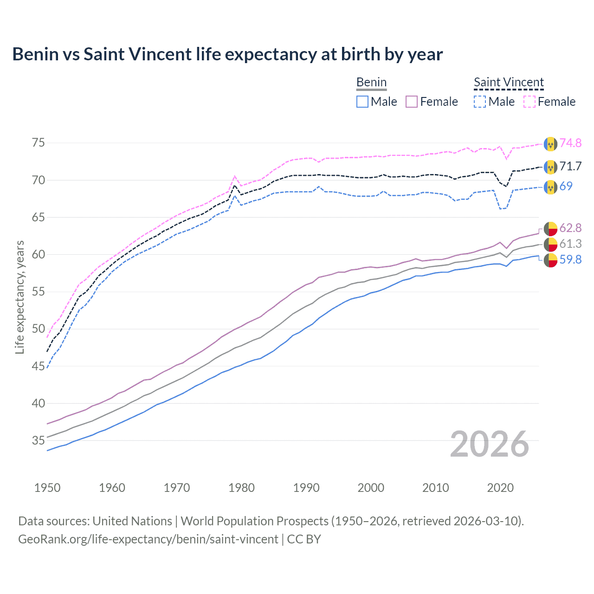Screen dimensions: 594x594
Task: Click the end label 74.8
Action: (570, 143)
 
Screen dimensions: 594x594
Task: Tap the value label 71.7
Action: (570, 166)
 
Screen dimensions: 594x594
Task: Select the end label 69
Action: (566, 186)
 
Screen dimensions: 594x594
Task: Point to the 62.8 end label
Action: (570, 228)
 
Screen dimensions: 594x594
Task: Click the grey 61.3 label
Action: (570, 244)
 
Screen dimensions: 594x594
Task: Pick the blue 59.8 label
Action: (570, 259)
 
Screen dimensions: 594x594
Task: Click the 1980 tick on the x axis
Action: (242, 488)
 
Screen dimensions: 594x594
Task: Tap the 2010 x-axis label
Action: (436, 488)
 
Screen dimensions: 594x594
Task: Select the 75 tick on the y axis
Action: (39, 142)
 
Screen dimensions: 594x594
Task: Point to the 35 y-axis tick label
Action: (39, 440)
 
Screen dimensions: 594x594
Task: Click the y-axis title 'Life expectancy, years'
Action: (19, 297)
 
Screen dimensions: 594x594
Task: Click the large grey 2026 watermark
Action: (490, 444)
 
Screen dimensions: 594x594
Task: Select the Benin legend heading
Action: (371, 82)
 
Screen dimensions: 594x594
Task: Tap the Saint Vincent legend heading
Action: (509, 82)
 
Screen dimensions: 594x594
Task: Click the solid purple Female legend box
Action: (412, 102)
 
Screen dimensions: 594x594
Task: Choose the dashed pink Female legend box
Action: (529, 102)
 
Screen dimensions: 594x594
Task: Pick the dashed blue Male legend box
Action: (480, 102)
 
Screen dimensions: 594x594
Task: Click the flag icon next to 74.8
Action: (550, 144)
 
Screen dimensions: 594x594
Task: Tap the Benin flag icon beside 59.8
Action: (550, 260)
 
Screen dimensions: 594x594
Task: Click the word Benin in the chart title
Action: (35, 54)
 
